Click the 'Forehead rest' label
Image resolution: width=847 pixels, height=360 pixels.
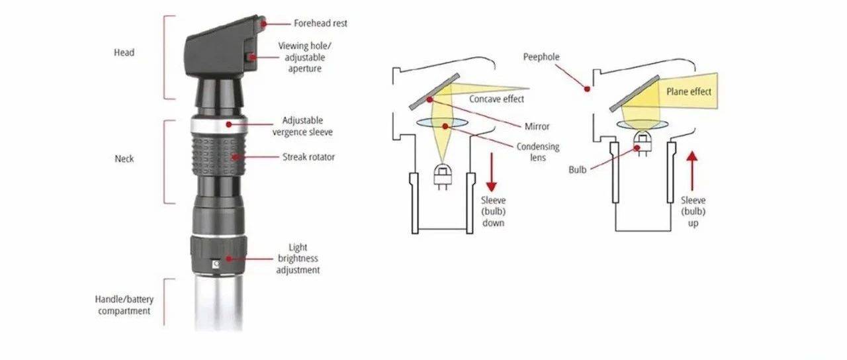320,23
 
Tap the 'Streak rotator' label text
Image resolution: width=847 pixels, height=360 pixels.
308,157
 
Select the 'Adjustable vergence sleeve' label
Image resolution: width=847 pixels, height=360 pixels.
302,126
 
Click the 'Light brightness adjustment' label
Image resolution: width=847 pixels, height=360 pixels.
298,259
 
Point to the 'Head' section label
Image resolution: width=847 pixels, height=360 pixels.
124,52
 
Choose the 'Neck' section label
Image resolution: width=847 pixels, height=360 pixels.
124,159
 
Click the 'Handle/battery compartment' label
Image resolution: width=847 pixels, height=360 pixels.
124,304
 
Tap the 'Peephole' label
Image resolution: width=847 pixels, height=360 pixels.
541,57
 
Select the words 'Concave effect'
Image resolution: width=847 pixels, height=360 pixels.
496,99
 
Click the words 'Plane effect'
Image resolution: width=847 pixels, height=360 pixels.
689,91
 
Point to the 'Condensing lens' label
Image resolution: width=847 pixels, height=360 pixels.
538,152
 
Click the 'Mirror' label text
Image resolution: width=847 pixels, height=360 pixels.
536,126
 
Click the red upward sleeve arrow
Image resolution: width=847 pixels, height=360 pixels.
693,172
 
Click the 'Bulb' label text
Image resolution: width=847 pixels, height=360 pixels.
578,170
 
